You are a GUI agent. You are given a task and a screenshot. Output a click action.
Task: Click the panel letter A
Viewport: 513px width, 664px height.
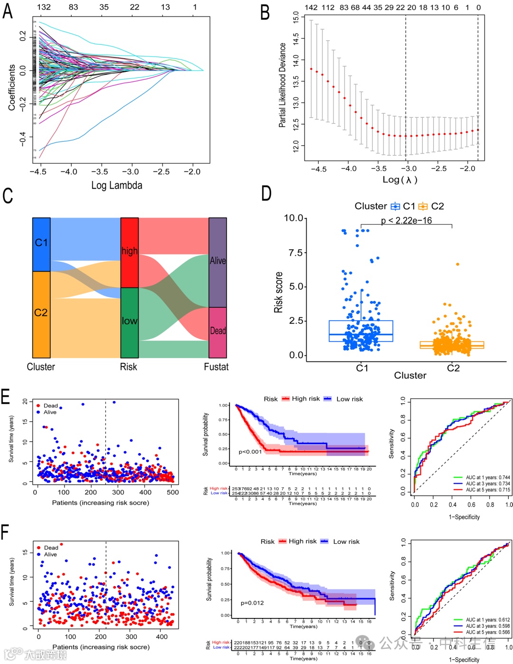(x=8, y=11)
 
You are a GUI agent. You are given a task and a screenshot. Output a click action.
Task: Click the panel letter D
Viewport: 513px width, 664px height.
(x=266, y=194)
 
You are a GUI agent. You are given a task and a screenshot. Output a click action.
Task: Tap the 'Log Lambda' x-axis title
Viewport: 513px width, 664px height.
(x=117, y=185)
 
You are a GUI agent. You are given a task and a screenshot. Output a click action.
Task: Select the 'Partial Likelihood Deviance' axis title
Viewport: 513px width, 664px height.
(x=283, y=85)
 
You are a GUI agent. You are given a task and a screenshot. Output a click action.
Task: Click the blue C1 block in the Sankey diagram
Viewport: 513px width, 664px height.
(x=41, y=244)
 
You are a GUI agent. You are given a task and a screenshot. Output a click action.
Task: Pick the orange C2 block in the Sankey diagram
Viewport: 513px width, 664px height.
(x=41, y=314)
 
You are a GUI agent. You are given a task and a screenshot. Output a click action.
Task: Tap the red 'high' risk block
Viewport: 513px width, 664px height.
(x=129, y=252)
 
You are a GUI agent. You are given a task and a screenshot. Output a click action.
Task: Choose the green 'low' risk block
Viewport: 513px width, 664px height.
(x=129, y=323)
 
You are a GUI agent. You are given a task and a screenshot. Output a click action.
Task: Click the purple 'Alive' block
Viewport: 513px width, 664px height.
(x=218, y=262)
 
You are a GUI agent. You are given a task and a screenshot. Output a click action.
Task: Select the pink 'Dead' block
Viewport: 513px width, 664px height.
(x=218, y=332)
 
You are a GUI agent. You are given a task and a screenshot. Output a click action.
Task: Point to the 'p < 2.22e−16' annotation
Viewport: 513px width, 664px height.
(x=406, y=220)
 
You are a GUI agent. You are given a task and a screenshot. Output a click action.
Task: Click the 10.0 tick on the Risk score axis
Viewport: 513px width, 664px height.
(x=294, y=218)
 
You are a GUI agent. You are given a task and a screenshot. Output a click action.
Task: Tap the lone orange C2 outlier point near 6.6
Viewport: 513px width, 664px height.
(x=458, y=264)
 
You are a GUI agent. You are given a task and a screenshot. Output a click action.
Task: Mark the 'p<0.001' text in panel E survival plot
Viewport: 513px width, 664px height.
(x=250, y=452)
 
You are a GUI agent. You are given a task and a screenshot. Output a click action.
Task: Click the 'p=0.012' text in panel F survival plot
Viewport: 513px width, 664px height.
(x=252, y=603)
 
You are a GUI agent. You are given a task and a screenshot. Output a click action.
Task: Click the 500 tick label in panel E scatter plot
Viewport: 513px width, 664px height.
(x=173, y=493)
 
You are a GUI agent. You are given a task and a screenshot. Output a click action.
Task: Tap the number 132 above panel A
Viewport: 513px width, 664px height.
(x=44, y=7)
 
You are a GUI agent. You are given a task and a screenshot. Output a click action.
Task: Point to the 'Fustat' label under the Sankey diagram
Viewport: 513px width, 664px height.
(x=216, y=367)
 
